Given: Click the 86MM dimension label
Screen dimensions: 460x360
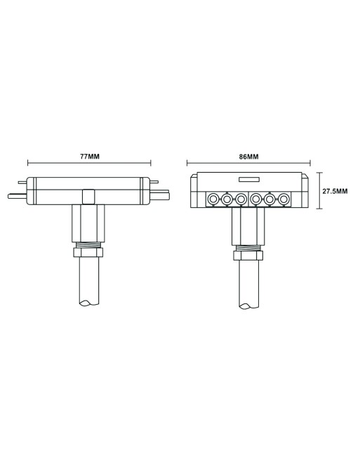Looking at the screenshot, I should (248, 155).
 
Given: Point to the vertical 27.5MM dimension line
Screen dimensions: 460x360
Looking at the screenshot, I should (320, 190).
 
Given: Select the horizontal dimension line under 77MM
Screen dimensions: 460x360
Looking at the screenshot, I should (88, 164).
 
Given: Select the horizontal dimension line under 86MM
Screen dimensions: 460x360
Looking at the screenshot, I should (248, 164).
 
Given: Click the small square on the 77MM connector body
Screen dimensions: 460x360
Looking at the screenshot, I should (88, 196).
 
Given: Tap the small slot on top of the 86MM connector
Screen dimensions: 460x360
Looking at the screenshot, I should (249, 180).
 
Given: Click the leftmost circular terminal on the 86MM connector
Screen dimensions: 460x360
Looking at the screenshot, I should (212, 199).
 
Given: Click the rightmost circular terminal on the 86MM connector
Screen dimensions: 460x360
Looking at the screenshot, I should (284, 199).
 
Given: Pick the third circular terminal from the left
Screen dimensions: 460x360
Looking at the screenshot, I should (241, 199).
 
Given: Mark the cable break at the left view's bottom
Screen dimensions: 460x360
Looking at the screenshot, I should (88, 304).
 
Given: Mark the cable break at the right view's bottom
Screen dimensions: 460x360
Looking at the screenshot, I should (248, 304).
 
